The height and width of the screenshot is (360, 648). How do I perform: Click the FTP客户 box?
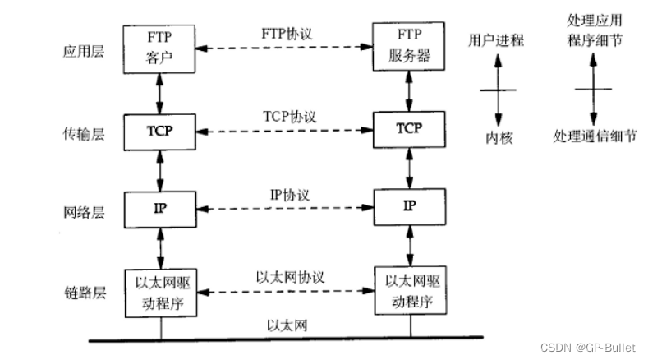(161, 48)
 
